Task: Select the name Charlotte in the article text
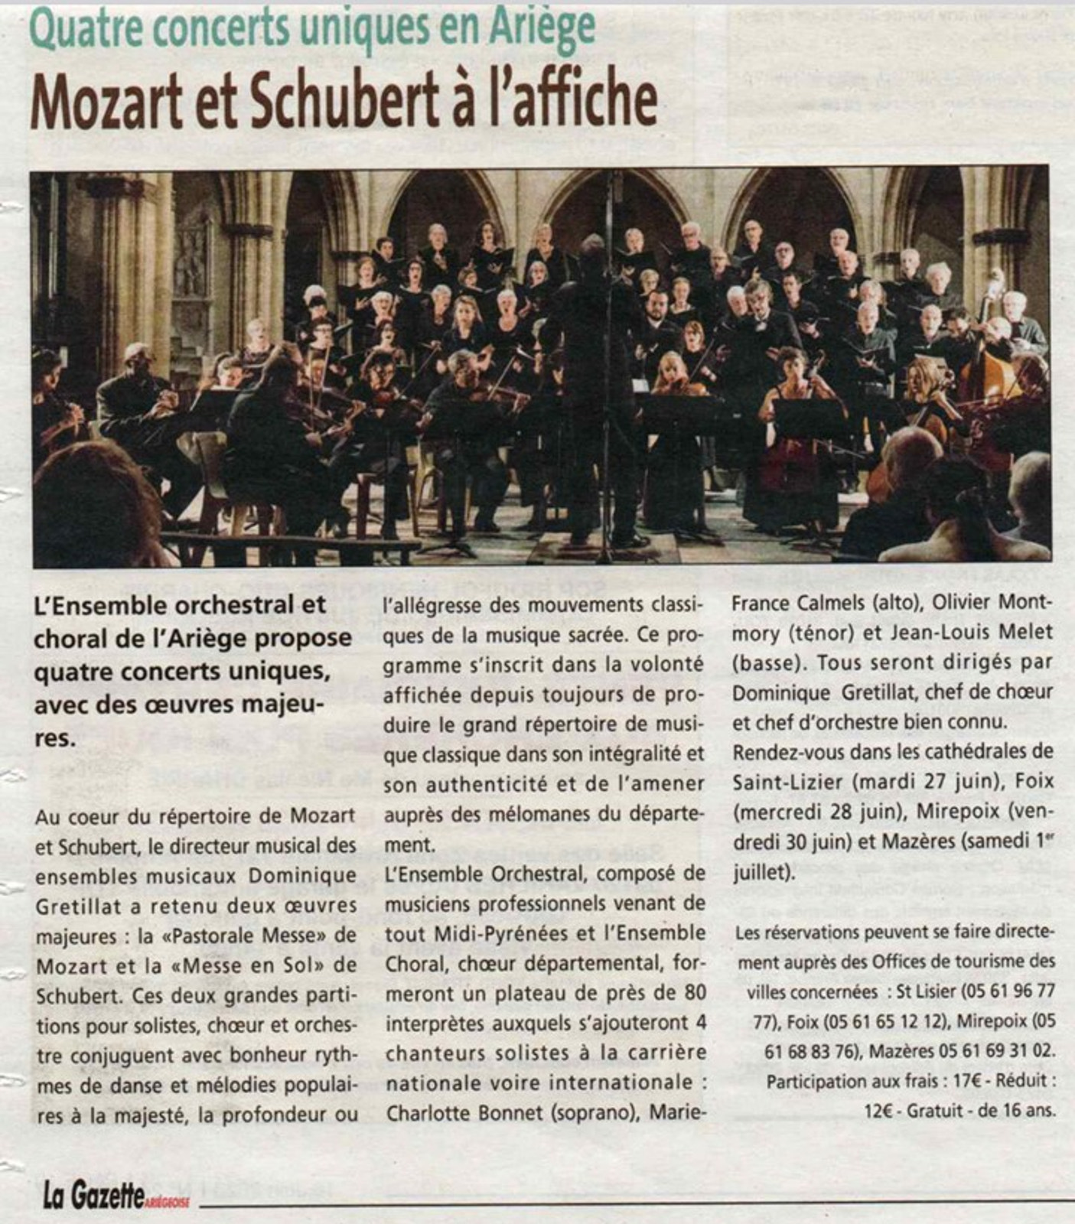tap(429, 1112)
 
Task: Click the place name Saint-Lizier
tap(789, 782)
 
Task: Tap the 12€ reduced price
tap(880, 1110)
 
